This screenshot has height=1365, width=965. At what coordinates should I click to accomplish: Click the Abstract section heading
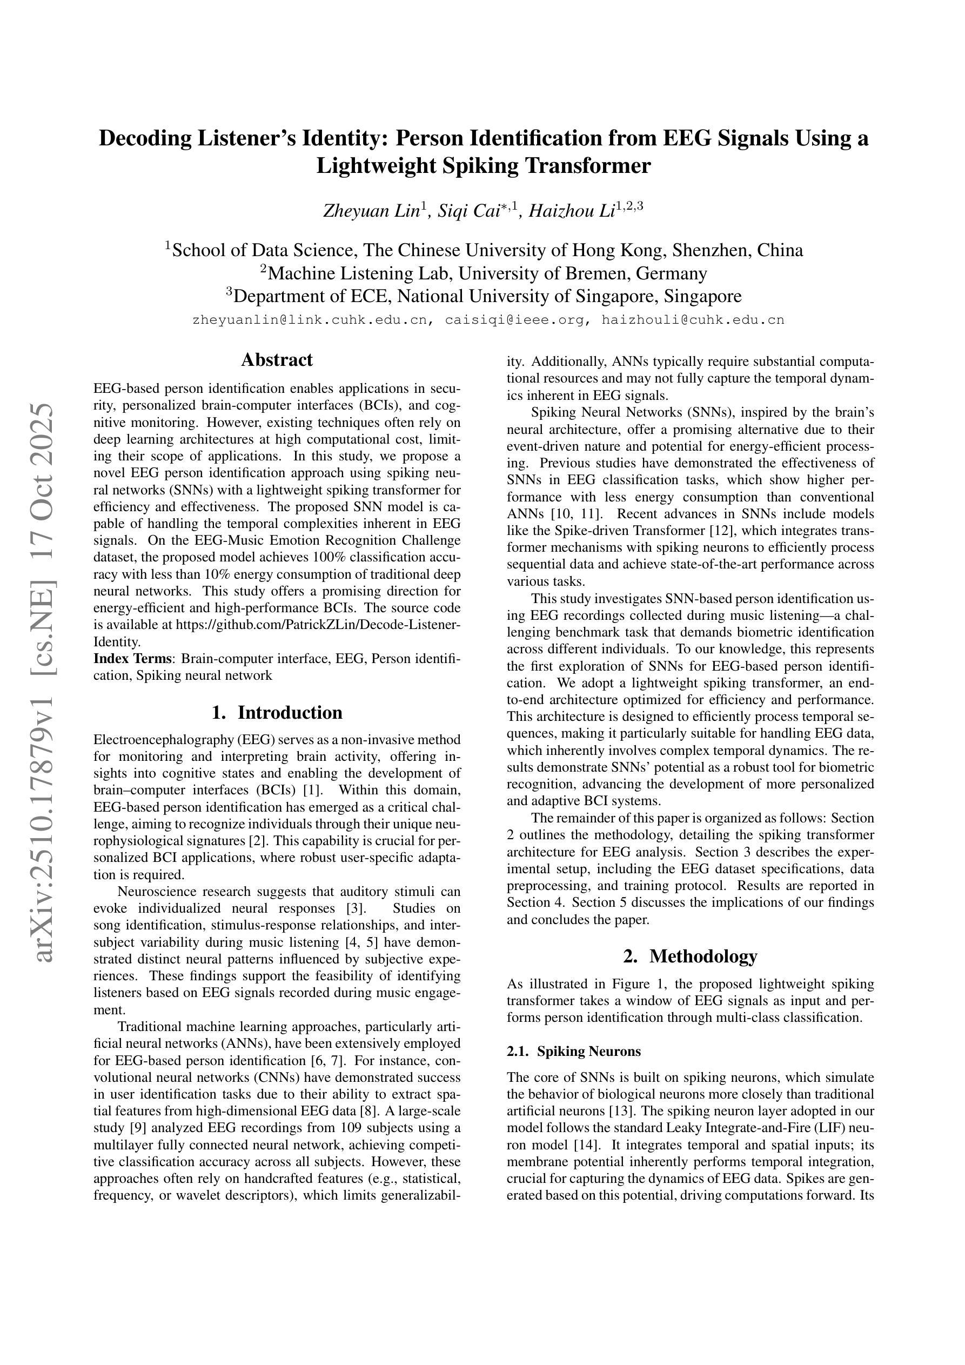pos(277,360)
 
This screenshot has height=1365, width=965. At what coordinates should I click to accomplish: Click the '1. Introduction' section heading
pos(277,712)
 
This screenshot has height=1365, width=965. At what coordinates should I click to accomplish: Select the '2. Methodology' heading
pos(691,956)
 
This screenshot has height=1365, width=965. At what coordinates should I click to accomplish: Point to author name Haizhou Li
pos(571,211)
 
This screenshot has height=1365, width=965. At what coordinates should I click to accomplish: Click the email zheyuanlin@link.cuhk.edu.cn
pos(310,320)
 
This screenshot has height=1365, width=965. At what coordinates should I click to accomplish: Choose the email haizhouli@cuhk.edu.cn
pos(693,320)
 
